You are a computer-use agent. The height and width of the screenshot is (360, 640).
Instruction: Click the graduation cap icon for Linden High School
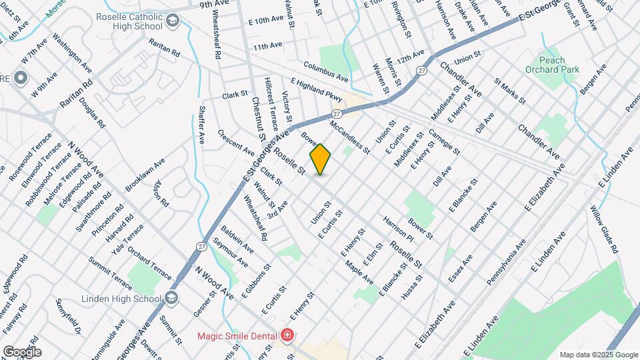point(173,297)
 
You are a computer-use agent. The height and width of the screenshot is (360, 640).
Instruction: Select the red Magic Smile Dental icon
point(287,334)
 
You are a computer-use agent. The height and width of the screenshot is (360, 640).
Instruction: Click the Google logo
point(22,351)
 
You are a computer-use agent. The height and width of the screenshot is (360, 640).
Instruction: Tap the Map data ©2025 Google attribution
point(598,354)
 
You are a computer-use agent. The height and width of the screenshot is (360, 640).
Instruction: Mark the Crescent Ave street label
point(236,141)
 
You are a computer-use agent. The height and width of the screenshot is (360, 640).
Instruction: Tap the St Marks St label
point(510,91)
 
